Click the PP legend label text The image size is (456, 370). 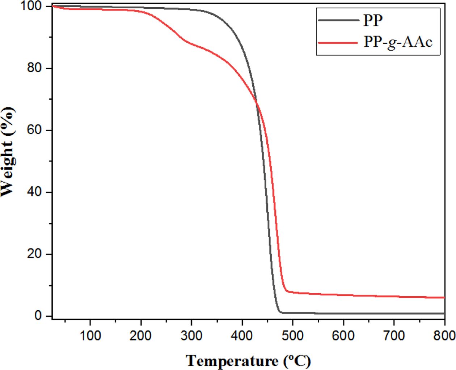coord(373,21)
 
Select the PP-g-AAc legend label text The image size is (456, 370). coord(398,43)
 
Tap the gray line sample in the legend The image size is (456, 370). coord(338,20)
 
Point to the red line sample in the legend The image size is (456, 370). coord(338,43)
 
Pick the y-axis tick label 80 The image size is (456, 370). coord(35,68)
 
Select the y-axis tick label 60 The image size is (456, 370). coord(35,130)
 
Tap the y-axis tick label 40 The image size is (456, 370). coord(35,192)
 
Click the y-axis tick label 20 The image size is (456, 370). coord(35,254)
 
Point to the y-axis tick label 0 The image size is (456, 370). coord(38,316)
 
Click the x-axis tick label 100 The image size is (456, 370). coord(90,336)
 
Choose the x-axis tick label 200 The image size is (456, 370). coord(141,336)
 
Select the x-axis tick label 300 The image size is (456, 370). coord(191,336)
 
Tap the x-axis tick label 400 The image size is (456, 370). coord(242,336)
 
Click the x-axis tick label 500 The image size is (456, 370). coord(293,336)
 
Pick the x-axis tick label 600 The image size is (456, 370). coord(343,336)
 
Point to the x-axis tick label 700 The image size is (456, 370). coord(394,336)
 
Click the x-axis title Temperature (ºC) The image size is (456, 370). coord(248,361)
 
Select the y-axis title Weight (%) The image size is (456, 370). coord(8,152)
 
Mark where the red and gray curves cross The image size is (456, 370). coord(257,103)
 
